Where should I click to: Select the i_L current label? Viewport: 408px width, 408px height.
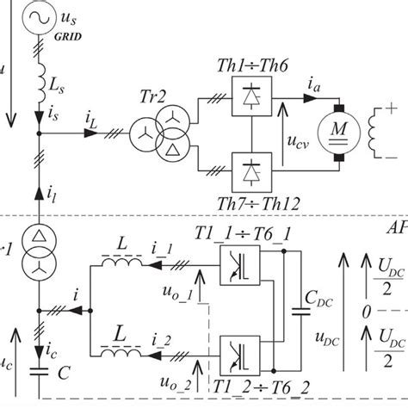pyautogui.click(x=92, y=126)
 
